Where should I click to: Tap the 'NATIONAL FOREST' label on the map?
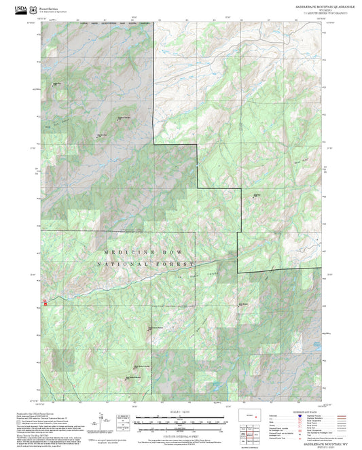pyautogui.click(x=145, y=264)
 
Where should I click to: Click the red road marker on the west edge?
pyautogui.click(x=46, y=303)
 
